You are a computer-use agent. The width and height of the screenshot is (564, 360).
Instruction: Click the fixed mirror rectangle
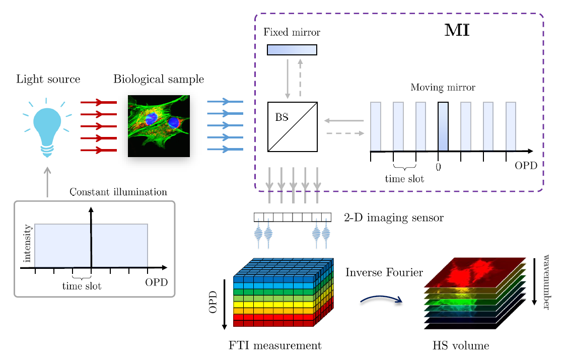[292, 50]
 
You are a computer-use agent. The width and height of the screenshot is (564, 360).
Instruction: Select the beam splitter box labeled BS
[292, 126]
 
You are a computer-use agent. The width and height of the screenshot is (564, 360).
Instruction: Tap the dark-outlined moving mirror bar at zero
[443, 126]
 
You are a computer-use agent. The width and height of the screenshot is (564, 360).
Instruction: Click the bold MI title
[457, 31]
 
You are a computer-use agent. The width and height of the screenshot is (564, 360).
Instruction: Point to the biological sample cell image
[159, 126]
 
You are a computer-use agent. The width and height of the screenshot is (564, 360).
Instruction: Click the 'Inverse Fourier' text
[384, 273]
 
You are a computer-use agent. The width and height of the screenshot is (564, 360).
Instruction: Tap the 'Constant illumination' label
[118, 192]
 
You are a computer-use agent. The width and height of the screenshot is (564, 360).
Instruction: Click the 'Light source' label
[48, 80]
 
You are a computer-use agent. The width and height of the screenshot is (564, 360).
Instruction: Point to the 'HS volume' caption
[461, 346]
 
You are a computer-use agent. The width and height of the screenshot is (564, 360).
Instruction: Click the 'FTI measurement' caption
[274, 346]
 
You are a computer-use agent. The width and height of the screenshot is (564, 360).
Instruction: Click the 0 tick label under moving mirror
[438, 167]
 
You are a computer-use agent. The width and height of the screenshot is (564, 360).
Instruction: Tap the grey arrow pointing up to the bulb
[47, 182]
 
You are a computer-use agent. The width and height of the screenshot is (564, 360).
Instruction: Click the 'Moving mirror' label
[443, 88]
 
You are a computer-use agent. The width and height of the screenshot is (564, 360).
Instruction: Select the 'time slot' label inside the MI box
[404, 179]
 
